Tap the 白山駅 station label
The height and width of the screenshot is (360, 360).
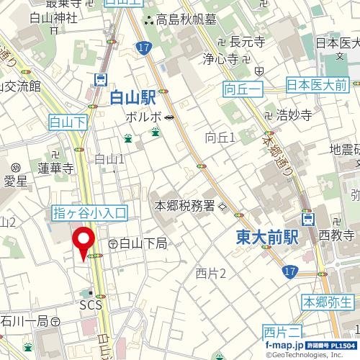(134, 98)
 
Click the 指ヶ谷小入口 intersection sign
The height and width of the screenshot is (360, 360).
(90, 212)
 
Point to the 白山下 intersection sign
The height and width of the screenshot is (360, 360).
(67, 123)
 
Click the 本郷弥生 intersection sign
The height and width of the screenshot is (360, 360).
(328, 302)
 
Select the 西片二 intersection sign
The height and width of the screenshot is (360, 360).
(281, 332)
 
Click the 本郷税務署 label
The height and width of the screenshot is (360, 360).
(185, 206)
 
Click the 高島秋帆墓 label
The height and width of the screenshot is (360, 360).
(181, 19)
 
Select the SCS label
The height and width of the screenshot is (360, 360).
(91, 306)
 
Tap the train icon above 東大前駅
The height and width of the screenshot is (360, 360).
(308, 219)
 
